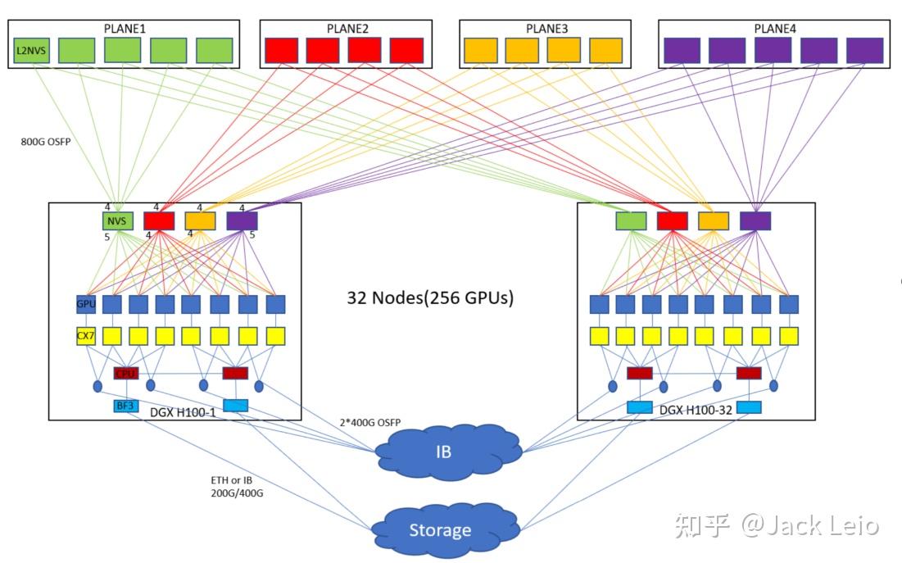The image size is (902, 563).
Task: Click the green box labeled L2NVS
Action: [30, 50]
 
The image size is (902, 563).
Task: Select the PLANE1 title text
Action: [125, 28]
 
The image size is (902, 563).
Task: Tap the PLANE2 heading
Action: [347, 29]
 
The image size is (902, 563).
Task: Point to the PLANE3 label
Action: [546, 29]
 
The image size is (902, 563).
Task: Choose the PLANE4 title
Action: [774, 29]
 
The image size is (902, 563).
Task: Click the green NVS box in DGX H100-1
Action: [117, 220]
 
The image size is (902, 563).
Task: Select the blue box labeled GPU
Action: [86, 305]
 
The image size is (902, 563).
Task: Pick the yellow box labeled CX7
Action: [86, 336]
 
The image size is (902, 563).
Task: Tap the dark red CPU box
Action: [125, 374]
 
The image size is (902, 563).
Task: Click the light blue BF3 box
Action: [125, 406]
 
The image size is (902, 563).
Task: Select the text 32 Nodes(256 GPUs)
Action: [430, 297]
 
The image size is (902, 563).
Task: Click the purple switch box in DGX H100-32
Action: [755, 220]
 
